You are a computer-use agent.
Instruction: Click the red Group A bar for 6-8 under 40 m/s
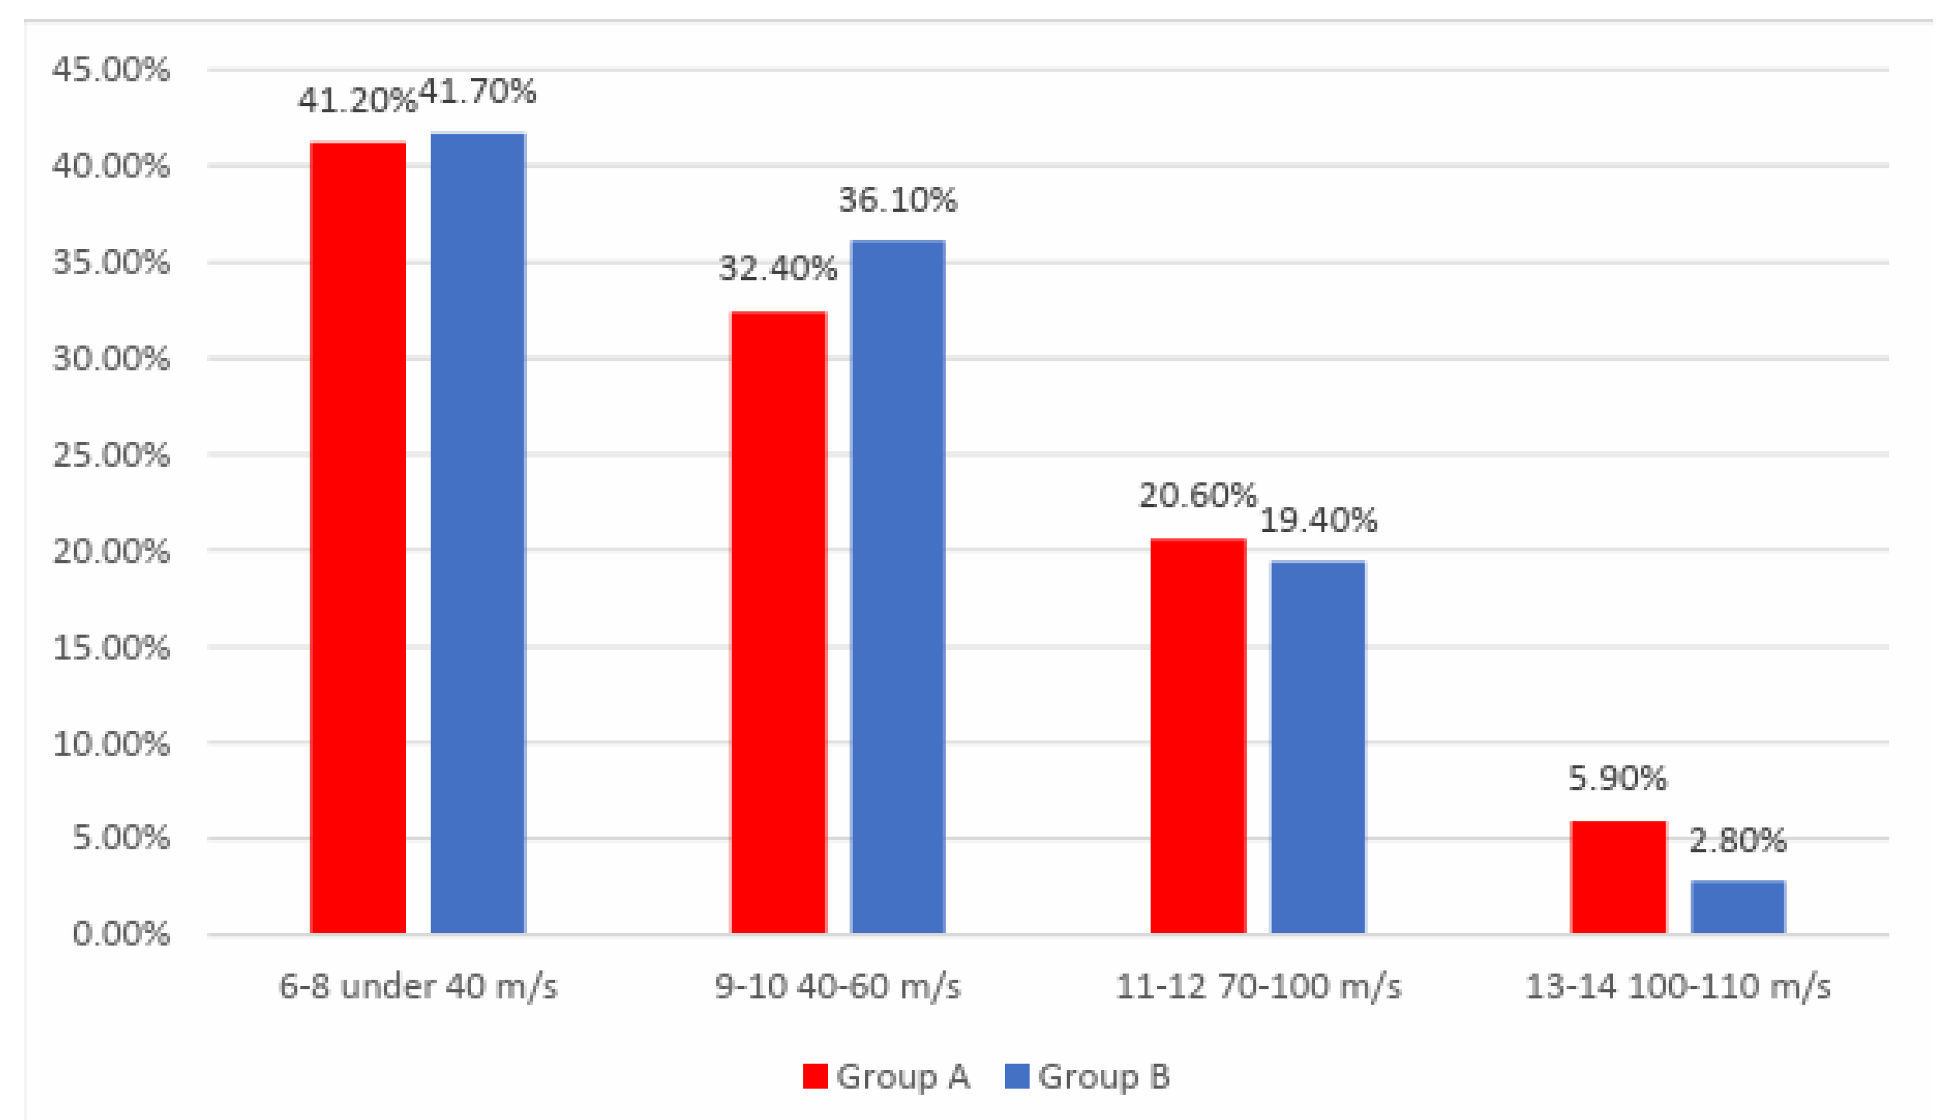point(357,538)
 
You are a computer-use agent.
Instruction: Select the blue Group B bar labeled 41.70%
point(477,533)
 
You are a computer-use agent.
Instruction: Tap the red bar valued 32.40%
point(778,623)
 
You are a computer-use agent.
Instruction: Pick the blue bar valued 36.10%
point(898,587)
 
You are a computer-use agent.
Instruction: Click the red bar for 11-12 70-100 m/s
point(1198,736)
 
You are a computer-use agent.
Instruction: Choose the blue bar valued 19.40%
point(1317,747)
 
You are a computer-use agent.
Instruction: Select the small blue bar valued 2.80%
point(1737,908)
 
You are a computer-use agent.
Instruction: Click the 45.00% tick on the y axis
point(111,70)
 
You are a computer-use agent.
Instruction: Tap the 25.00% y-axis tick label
point(111,455)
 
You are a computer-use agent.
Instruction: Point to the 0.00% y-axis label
point(121,934)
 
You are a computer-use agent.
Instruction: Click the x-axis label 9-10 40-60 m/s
point(838,986)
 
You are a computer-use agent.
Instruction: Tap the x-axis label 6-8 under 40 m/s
point(417,986)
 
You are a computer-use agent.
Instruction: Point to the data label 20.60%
point(1197,495)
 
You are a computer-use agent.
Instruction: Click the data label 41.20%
point(357,100)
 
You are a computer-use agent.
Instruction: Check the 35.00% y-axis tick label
point(111,263)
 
